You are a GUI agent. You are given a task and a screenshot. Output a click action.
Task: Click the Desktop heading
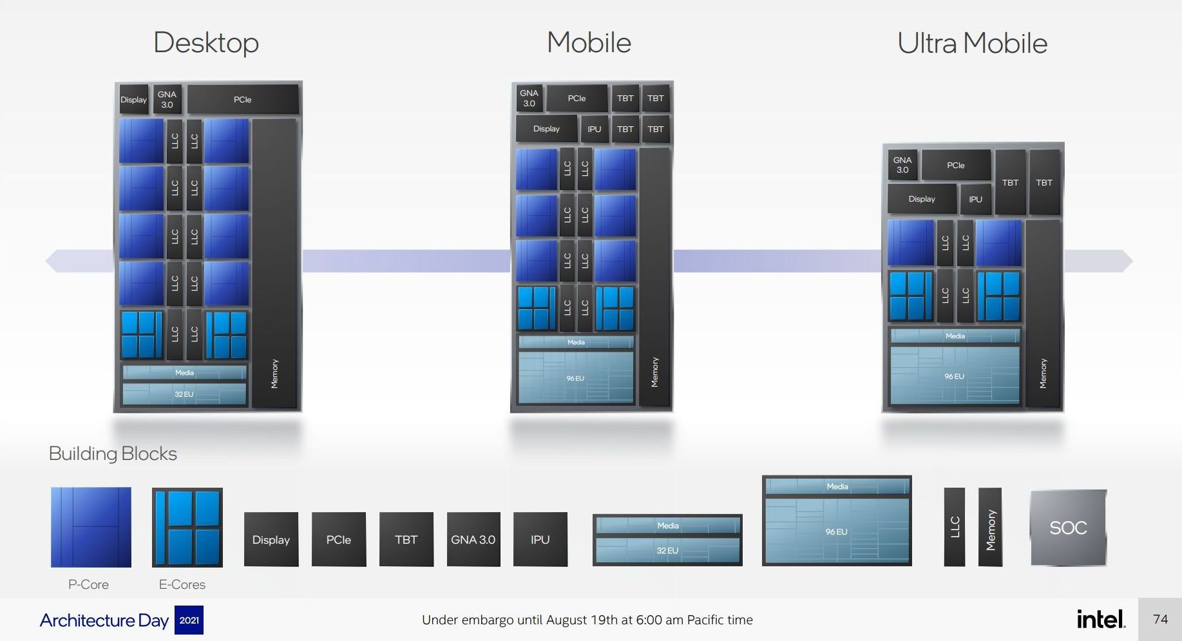pyautogui.click(x=206, y=43)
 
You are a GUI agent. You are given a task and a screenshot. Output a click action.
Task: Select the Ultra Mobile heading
pyautogui.click(x=972, y=44)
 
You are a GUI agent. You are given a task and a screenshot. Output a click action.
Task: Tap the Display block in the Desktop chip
pyautogui.click(x=134, y=100)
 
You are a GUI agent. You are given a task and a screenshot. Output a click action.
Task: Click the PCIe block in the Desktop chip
pyautogui.click(x=243, y=100)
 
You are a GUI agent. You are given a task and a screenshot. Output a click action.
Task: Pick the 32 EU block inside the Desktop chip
pyautogui.click(x=184, y=394)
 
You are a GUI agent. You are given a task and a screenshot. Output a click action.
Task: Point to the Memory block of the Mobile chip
pyautogui.click(x=654, y=277)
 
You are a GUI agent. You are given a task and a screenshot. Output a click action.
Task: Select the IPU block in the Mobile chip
pyautogui.click(x=594, y=129)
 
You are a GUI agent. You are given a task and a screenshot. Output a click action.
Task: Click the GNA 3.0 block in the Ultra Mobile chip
pyautogui.click(x=902, y=166)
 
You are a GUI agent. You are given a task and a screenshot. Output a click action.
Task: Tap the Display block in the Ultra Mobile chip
pyautogui.click(x=922, y=199)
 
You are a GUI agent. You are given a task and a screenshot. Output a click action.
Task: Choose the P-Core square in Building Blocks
pyautogui.click(x=91, y=527)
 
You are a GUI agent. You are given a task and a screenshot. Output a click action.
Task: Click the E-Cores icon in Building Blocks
pyautogui.click(x=187, y=527)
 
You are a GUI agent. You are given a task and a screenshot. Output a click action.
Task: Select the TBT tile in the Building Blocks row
pyautogui.click(x=406, y=539)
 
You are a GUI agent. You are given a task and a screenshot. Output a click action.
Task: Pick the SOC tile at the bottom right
pyautogui.click(x=1068, y=528)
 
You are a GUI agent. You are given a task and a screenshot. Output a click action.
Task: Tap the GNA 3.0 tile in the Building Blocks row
pyautogui.click(x=473, y=539)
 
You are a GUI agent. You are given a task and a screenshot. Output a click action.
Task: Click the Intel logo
pyautogui.click(x=1101, y=620)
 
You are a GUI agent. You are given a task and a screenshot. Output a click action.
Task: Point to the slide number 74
pyautogui.click(x=1160, y=619)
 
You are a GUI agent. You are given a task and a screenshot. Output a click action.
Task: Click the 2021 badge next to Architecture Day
pyautogui.click(x=189, y=620)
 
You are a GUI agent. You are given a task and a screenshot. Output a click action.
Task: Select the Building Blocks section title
pyautogui.click(x=113, y=454)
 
